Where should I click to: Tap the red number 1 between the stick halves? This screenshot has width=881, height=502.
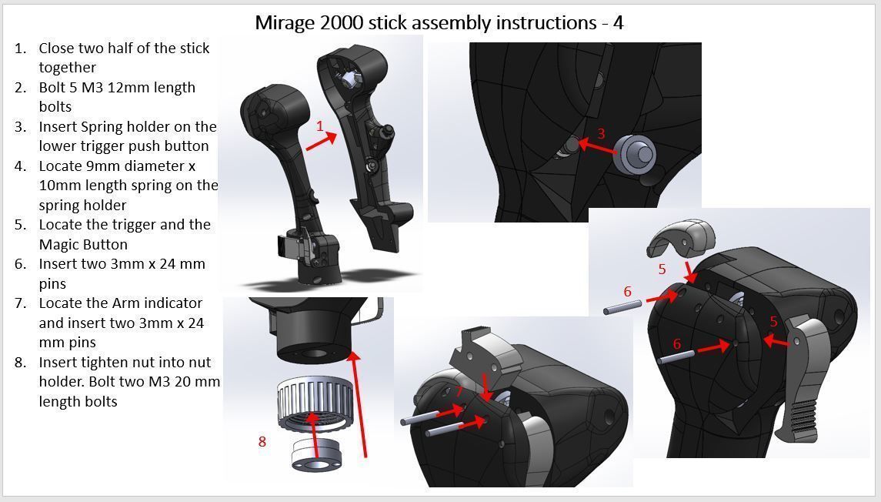click(320, 126)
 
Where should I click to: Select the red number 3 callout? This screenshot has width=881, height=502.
click(601, 133)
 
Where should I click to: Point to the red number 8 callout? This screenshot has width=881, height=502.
click(262, 441)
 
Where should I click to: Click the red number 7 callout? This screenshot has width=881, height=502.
click(459, 391)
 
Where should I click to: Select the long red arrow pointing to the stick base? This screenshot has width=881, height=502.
click(360, 404)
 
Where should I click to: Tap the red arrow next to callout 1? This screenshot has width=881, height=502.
click(321, 142)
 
